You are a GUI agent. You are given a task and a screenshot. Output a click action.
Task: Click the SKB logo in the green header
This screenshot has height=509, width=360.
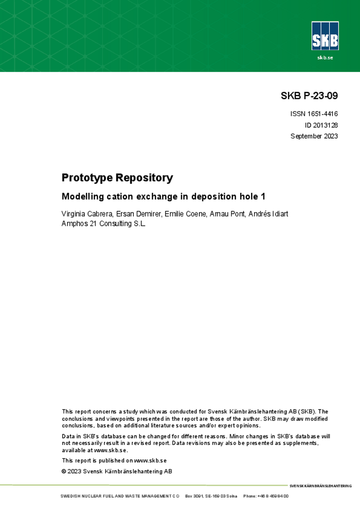(x=325, y=35)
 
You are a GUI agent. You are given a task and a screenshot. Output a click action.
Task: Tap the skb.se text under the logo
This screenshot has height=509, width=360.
(x=325, y=58)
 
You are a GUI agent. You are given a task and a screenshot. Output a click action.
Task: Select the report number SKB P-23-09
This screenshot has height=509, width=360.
(x=309, y=96)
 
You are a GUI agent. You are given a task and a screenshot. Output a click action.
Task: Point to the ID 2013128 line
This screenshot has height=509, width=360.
(x=321, y=125)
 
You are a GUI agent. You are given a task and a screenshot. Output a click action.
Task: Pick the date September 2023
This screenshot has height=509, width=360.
(x=314, y=136)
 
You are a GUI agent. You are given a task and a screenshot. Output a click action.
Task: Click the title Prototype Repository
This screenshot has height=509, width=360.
(x=117, y=177)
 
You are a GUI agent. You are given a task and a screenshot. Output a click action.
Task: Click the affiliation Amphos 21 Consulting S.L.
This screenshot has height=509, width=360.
(x=103, y=224)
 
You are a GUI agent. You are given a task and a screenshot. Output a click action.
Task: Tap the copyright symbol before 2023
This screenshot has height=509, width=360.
(x=64, y=471)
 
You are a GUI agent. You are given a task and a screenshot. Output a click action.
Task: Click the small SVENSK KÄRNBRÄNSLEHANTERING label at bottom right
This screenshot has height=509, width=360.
(x=320, y=486)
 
